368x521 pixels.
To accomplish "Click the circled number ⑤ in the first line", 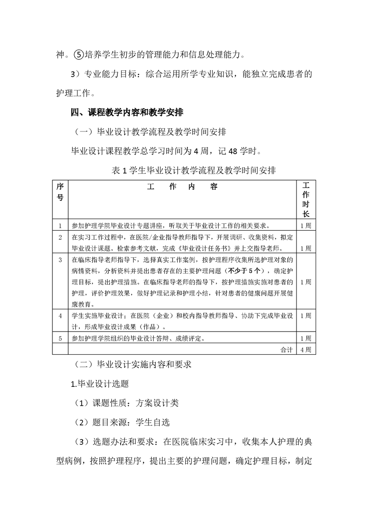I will pyautogui.click(x=79, y=55).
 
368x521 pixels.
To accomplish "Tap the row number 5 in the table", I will pyautogui.click(x=60, y=338).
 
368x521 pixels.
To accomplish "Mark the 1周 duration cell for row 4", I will pyautogui.click(x=306, y=316).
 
